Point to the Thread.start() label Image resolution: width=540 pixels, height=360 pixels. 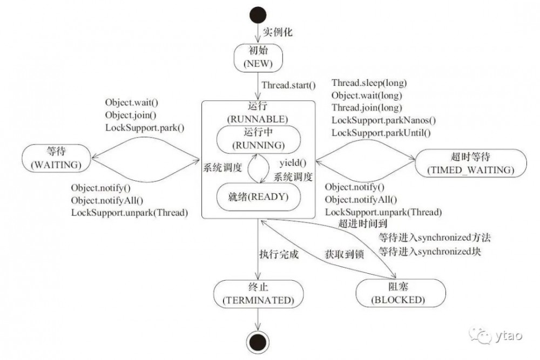point(288,85)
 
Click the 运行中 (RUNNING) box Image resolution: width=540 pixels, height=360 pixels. point(258,139)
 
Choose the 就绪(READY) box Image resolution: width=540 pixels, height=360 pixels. point(258,196)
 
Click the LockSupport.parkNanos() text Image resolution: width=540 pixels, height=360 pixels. point(383,120)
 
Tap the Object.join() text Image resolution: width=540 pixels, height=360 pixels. point(131,114)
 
